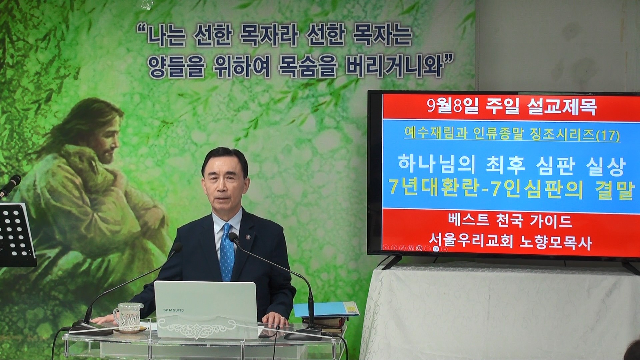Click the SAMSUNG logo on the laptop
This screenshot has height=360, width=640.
(173, 310)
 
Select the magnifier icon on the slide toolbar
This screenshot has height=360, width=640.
(419, 248)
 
